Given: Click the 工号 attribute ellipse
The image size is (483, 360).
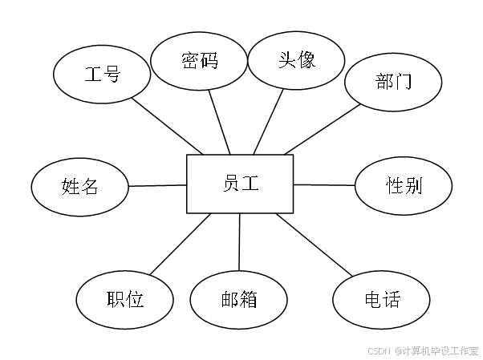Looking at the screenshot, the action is click(102, 75).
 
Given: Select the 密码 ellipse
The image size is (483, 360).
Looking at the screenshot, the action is click(199, 60).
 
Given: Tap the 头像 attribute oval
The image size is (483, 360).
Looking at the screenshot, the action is click(296, 60).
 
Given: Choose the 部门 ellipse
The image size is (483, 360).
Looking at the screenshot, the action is click(393, 81).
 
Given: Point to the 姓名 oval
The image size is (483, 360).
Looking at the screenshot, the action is click(80, 187).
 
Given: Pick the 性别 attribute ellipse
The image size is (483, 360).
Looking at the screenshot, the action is click(404, 186).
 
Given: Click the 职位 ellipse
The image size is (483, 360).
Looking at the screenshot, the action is click(124, 300).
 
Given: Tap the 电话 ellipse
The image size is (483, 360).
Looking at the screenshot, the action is click(381, 301).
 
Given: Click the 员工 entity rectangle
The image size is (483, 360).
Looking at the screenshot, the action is click(240, 184).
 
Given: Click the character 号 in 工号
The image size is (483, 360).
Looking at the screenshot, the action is click(112, 75).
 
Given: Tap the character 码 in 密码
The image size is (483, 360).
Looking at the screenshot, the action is click(209, 60).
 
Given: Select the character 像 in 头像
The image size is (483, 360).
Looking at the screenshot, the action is click(306, 60).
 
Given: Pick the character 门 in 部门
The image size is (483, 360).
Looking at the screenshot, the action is click(403, 81).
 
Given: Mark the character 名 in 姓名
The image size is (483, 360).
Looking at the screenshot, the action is click(90, 187).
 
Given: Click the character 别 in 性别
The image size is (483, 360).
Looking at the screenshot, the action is click(413, 186).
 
